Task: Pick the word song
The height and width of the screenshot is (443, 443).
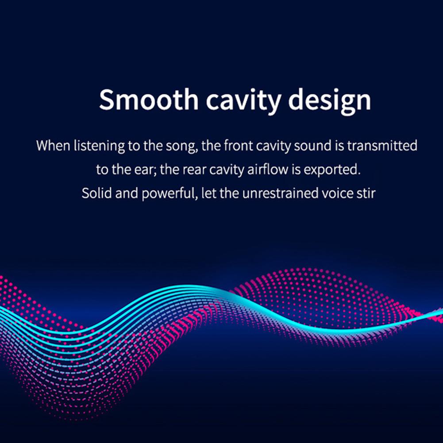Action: [181, 146]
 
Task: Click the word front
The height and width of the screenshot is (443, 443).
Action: [237, 146]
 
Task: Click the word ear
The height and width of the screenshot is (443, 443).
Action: [143, 170]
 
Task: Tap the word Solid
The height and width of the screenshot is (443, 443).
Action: [95, 194]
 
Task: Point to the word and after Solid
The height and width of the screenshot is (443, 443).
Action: [126, 194]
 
